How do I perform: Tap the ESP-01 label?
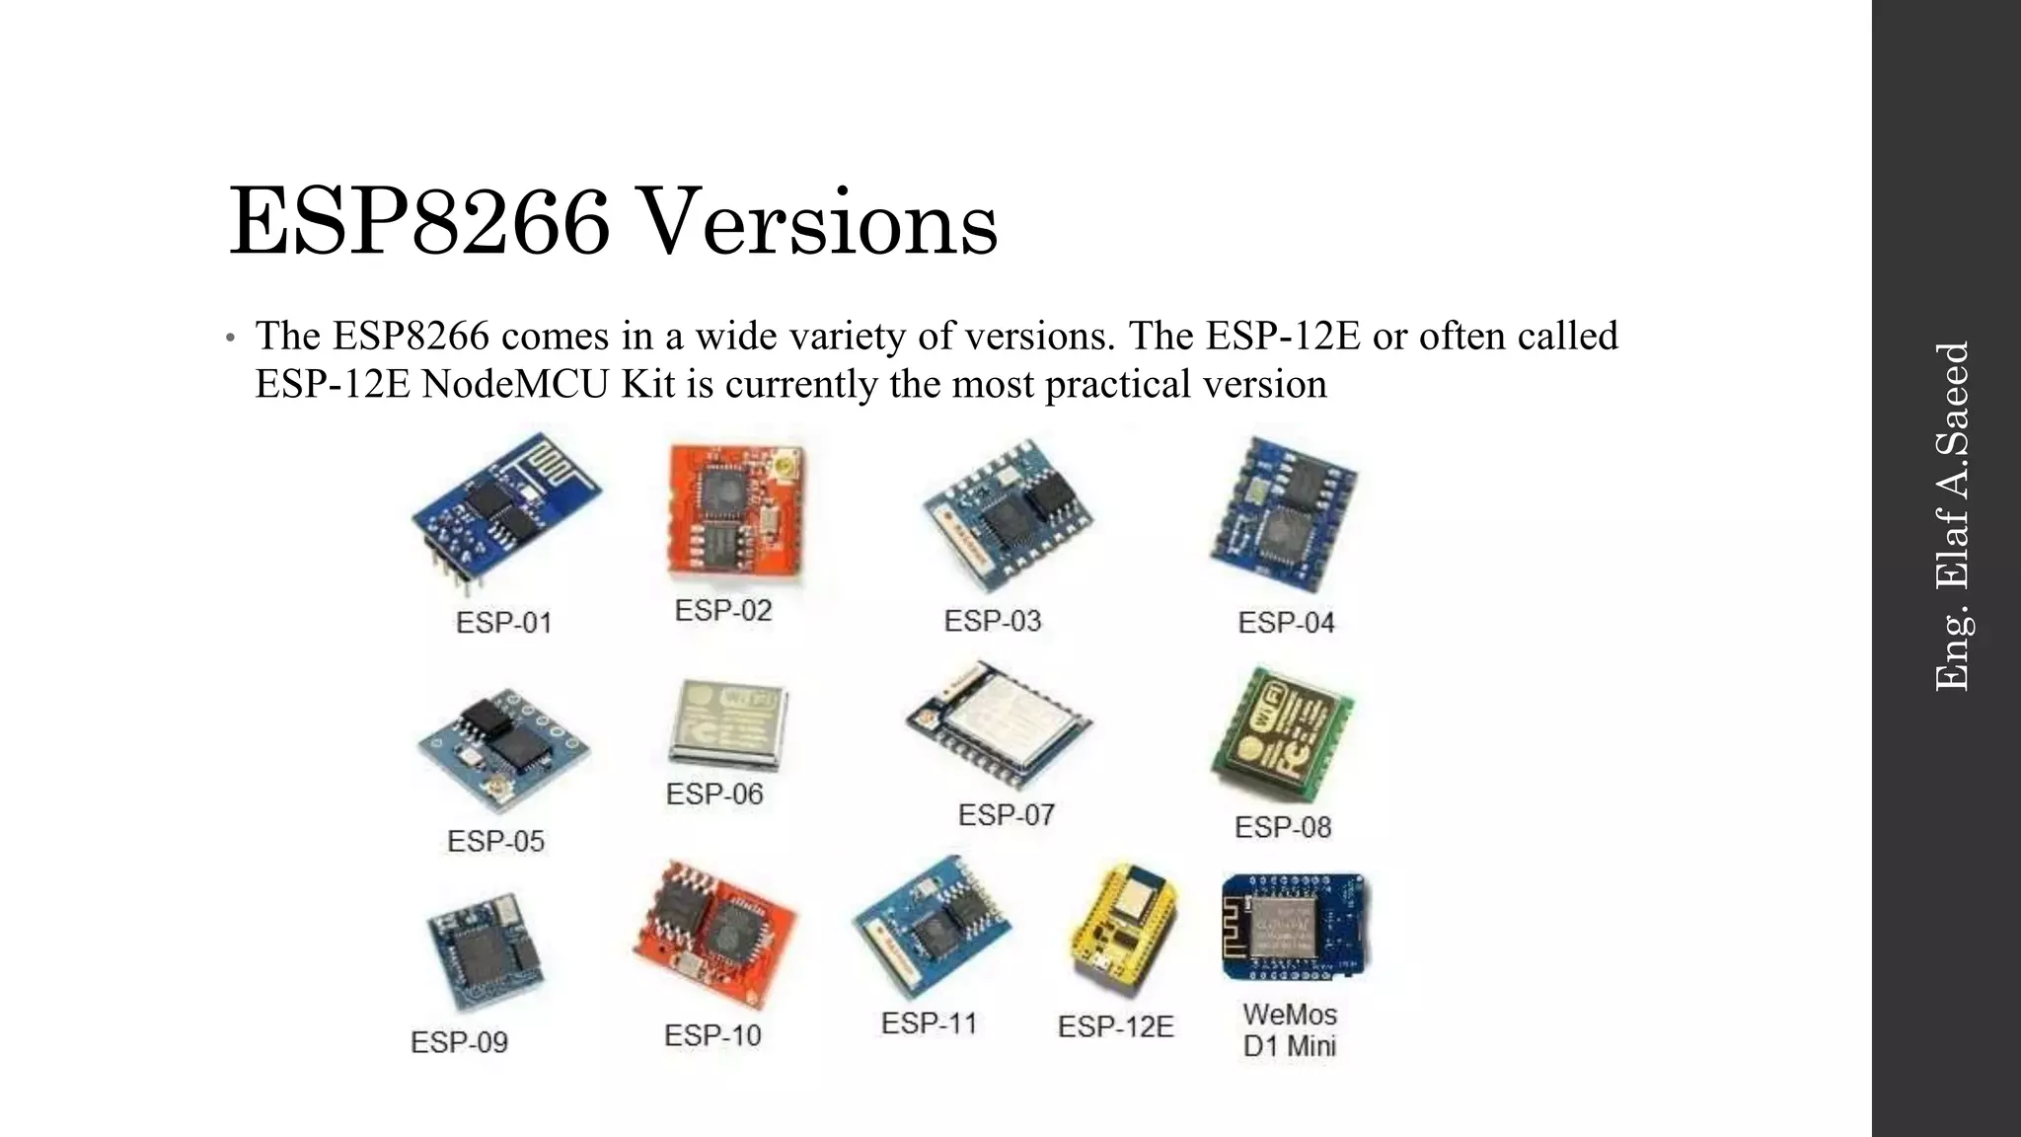(x=503, y=623)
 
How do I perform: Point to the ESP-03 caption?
(x=993, y=621)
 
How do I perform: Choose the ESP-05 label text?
(x=495, y=841)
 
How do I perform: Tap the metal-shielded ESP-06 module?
(x=728, y=723)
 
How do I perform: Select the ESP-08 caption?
(x=1283, y=827)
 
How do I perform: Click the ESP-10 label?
(x=712, y=1035)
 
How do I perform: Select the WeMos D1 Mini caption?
(x=1290, y=1029)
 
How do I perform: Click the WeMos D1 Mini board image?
(x=1294, y=926)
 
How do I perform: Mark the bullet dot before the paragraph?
(x=230, y=339)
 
